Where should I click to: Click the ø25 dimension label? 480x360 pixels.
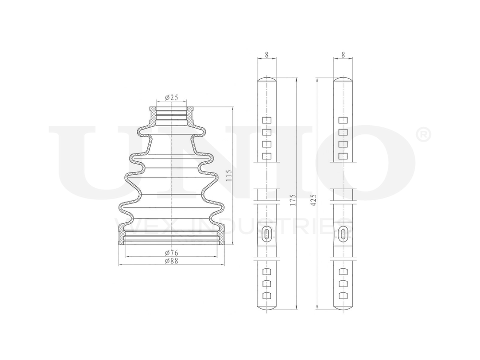(x=171, y=98)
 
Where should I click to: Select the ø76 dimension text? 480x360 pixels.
(x=171, y=253)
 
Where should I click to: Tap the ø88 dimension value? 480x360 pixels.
(x=171, y=261)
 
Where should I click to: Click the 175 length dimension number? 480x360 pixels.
(x=293, y=199)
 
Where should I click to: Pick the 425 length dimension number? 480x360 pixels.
(x=313, y=199)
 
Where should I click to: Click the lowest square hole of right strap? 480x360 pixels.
(x=343, y=295)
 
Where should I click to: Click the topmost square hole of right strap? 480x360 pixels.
(x=343, y=120)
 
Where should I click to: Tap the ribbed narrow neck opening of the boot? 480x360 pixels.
(x=171, y=114)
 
